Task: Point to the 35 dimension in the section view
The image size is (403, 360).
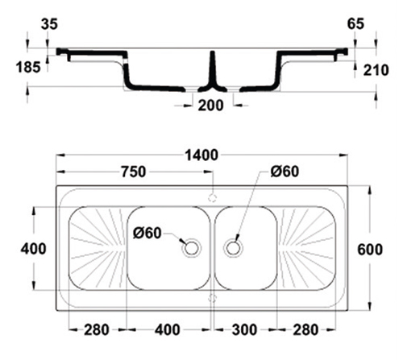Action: tap(49, 24)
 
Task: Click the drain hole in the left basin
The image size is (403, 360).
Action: tap(191, 248)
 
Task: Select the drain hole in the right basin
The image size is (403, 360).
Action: tap(234, 248)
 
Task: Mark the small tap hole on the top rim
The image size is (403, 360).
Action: tap(213, 197)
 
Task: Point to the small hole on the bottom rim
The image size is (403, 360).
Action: tap(213, 298)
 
